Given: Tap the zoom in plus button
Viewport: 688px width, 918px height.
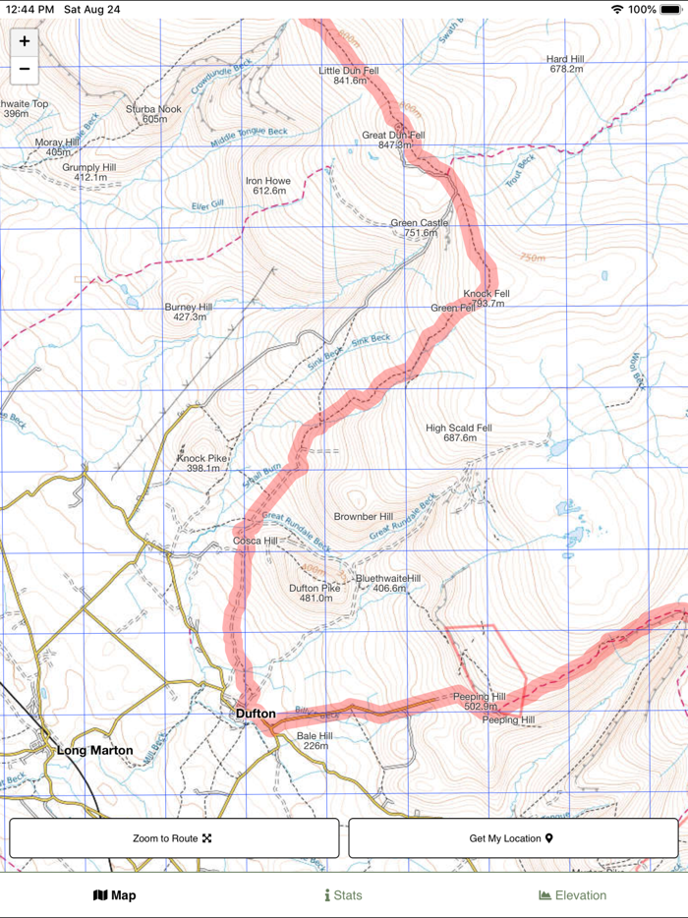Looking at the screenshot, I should click(x=25, y=41).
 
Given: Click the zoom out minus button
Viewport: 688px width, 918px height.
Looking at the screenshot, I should click(x=25, y=70).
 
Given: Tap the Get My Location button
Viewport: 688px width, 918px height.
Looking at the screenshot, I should click(x=512, y=838).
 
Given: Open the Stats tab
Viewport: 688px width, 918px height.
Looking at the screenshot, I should click(x=343, y=895).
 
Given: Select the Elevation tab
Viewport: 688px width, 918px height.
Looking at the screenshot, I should click(x=573, y=895).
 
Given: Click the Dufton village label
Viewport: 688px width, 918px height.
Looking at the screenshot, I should click(x=256, y=713).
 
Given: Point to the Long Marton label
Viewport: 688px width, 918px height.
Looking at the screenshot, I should click(x=94, y=750).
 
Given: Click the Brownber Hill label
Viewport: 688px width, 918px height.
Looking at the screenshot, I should click(x=363, y=517).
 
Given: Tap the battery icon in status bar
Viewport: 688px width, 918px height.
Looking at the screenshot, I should click(x=670, y=9).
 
